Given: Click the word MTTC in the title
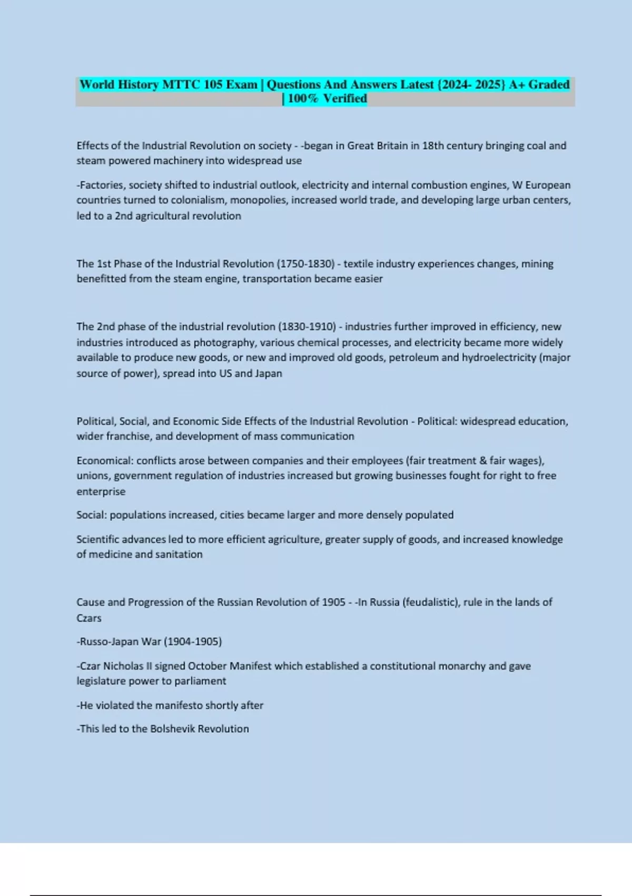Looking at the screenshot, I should coord(181,84).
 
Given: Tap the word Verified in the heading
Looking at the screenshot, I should coord(345,98).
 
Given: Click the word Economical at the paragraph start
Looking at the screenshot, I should coord(104,461).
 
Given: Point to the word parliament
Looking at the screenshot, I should coord(201,681).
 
